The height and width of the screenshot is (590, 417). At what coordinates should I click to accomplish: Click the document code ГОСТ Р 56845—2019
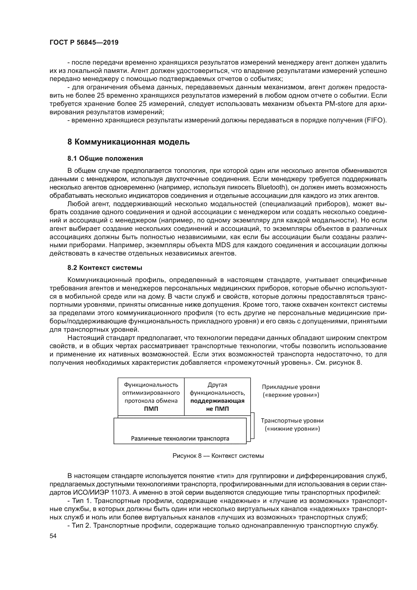(x=84, y=43)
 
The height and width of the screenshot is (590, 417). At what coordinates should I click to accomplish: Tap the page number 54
(x=53, y=536)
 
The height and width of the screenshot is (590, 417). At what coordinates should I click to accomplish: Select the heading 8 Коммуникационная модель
(x=128, y=142)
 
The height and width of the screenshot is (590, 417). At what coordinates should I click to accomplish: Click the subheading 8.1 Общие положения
(x=105, y=159)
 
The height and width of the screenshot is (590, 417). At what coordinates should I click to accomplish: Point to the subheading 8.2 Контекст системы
(x=105, y=268)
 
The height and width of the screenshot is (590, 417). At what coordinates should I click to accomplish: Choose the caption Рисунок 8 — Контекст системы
(x=218, y=456)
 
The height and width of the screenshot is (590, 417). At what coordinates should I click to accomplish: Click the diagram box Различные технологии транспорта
(x=180, y=438)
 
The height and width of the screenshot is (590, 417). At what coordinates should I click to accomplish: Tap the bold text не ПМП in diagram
(x=217, y=409)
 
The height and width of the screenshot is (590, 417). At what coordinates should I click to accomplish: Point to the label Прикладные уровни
(x=291, y=387)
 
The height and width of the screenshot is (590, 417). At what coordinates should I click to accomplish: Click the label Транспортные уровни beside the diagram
(x=292, y=421)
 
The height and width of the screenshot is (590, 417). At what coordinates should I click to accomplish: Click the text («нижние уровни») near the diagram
(x=292, y=429)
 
